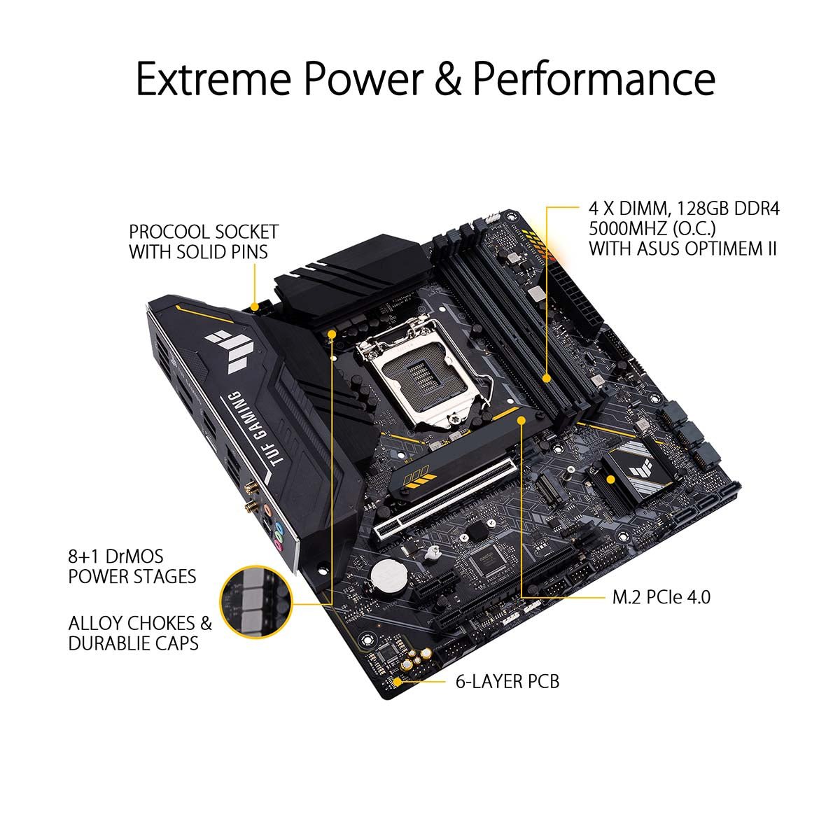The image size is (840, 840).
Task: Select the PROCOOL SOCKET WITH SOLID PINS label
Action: (204, 241)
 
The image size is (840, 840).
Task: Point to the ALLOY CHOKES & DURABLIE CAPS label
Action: (140, 633)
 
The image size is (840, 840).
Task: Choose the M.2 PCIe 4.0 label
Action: (661, 597)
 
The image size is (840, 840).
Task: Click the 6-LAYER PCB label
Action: (507, 680)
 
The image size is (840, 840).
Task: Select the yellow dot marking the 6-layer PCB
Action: (399, 680)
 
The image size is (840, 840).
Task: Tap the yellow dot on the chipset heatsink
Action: (611, 479)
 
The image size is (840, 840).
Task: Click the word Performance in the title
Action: (594, 78)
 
